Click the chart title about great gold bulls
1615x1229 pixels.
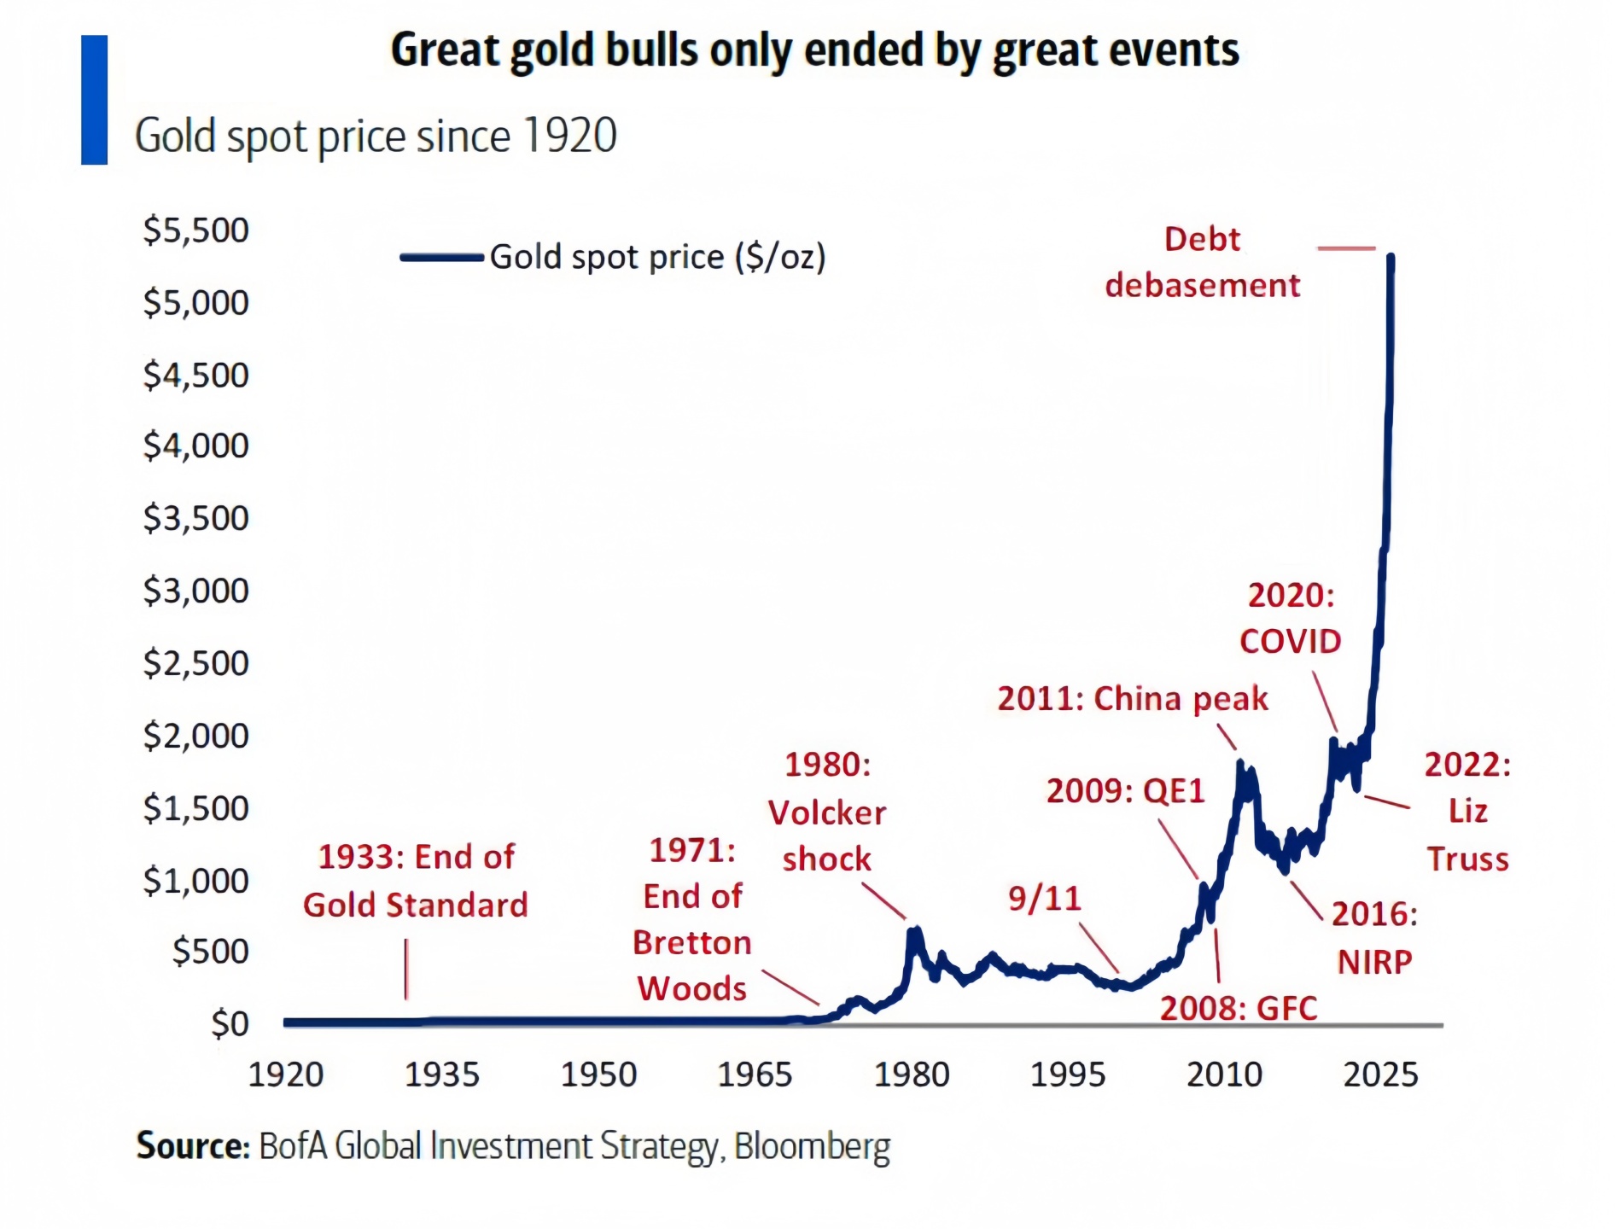coord(814,50)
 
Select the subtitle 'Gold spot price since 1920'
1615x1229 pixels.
coord(376,137)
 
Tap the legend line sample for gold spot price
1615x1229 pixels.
coord(442,257)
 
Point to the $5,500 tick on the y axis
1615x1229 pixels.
coord(195,230)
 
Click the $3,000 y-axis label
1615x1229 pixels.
coord(195,591)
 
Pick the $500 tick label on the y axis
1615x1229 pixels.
coord(210,951)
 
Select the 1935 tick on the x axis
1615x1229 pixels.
coord(441,1075)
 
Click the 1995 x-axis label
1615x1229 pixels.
coord(1068,1075)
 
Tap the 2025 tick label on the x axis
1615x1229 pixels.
coord(1380,1075)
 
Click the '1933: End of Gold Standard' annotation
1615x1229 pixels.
coord(416,881)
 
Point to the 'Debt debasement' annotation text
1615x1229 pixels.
coord(1202,262)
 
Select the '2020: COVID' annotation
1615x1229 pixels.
coord(1291,618)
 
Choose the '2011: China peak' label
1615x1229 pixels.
coord(1133,698)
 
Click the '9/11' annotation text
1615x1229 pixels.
coord(1044,898)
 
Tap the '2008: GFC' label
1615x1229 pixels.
coord(1238,1008)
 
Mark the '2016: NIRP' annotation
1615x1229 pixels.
coord(1374,937)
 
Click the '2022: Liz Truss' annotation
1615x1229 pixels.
coord(1467,811)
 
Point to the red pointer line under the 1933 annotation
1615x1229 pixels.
coord(406,969)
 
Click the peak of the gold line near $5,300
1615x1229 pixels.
coord(1391,258)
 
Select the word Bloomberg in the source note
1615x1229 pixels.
coord(812,1146)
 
